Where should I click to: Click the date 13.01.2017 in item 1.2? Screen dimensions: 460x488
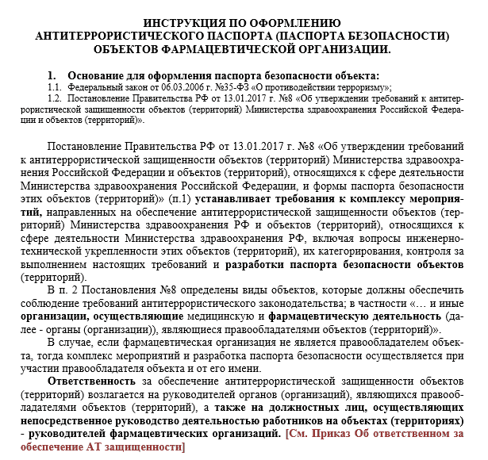click(x=224, y=99)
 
